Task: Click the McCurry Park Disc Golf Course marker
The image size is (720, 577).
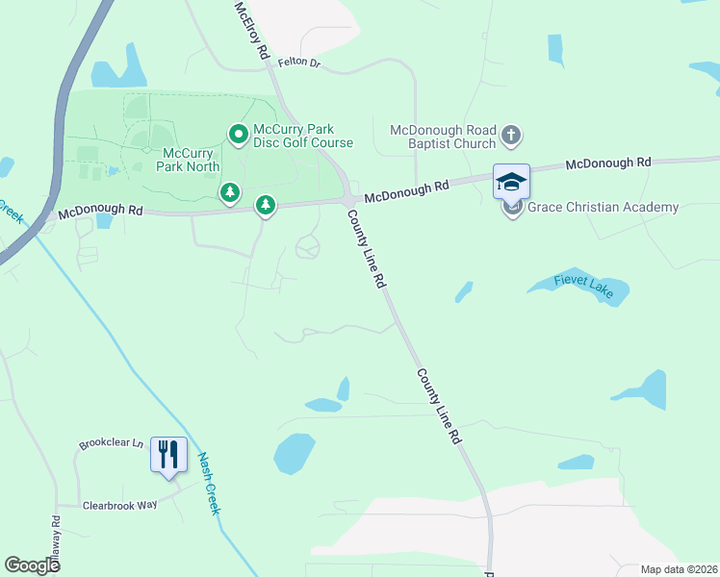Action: click(x=238, y=133)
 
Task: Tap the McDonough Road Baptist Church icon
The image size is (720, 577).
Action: click(x=511, y=136)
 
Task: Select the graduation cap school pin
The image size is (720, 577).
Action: click(x=511, y=181)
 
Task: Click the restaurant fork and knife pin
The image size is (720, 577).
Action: click(x=168, y=454)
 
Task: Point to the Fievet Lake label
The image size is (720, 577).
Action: click(x=582, y=283)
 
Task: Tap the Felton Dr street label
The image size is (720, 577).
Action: click(x=297, y=63)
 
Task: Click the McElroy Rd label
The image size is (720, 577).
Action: click(x=249, y=31)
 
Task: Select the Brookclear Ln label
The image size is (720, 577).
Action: click(x=111, y=445)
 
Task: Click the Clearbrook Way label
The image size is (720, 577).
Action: click(x=119, y=505)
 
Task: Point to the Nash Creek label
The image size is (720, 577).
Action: click(x=209, y=484)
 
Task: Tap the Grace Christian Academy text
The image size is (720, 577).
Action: click(x=604, y=207)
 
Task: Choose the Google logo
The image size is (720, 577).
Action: click(x=33, y=565)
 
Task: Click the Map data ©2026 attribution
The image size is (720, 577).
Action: click(x=678, y=569)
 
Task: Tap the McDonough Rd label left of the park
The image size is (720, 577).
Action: click(x=100, y=211)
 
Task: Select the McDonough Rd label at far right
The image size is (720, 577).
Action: click(x=608, y=163)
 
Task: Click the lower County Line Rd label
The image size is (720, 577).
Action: click(x=439, y=405)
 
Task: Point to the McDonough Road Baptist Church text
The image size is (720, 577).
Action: click(x=444, y=137)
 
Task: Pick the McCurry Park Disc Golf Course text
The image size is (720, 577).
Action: click(x=302, y=137)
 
